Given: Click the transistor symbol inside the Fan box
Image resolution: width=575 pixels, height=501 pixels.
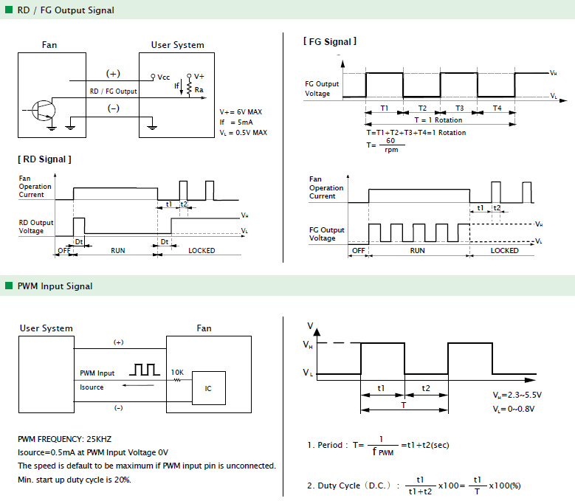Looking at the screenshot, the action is click(44, 110).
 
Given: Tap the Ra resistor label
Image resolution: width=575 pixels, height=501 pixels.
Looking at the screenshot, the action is click(199, 90).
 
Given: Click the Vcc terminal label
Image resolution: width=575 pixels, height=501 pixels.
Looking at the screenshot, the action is click(164, 77).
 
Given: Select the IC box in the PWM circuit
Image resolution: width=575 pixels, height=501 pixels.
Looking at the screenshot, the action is click(209, 388).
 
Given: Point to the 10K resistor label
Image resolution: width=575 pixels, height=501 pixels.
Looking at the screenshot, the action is click(177, 373).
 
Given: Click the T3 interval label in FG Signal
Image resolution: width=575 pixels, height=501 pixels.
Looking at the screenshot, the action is click(460, 108).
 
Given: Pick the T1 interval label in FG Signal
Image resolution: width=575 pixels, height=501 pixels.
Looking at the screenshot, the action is click(384, 108).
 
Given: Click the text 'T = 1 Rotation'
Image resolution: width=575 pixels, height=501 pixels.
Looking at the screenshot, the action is click(438, 120).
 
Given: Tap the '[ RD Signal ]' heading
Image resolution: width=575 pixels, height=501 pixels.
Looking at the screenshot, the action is click(44, 159).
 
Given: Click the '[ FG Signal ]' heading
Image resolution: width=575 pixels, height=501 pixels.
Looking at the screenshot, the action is click(330, 41).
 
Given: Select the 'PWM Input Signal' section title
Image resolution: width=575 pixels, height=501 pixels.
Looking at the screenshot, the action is click(55, 286).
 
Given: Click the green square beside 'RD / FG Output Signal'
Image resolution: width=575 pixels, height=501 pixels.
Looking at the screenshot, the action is click(9, 10).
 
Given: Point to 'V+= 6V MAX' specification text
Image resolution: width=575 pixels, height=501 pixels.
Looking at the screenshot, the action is click(241, 111).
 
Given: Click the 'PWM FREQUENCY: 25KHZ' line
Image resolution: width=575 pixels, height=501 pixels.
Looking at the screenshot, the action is click(64, 439).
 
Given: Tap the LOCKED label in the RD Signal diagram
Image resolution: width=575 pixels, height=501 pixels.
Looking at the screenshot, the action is click(202, 250).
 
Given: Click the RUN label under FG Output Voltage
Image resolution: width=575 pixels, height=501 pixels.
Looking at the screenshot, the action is click(417, 250).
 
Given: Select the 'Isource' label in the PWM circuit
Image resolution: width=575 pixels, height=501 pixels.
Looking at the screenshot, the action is click(92, 387).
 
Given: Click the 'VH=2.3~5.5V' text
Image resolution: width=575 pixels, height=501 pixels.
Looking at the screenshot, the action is click(517, 395).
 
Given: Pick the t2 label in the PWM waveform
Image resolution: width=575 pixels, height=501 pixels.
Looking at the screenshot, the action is click(425, 388).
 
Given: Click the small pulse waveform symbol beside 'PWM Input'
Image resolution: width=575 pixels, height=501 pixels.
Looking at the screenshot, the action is click(145, 370).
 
